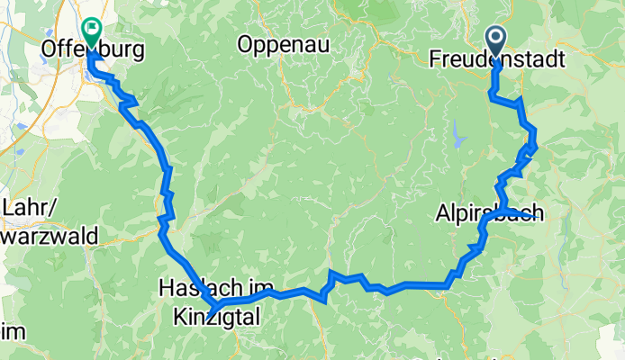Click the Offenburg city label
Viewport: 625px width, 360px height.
(93, 51)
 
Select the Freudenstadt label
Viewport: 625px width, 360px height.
(497, 60)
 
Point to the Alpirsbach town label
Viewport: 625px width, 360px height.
(490, 214)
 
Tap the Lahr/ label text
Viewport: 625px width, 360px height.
(24, 207)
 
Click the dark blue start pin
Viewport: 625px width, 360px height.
(495, 39)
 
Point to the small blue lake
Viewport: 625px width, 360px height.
(462, 137)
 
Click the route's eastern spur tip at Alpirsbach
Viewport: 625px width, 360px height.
(539, 213)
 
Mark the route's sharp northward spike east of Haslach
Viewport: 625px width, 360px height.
(331, 272)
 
